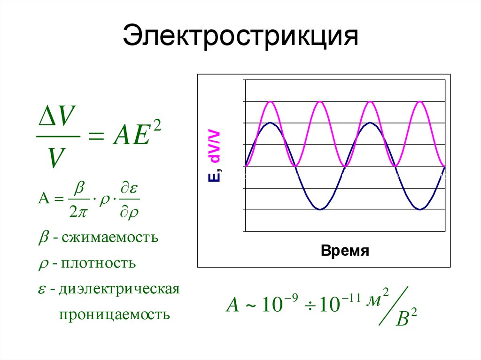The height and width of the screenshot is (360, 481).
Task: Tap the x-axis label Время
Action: [345, 251]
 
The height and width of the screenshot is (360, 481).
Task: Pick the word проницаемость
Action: [114, 314]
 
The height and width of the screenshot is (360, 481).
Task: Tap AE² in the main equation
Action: [136, 136]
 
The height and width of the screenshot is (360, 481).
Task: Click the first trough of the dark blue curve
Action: [320, 209]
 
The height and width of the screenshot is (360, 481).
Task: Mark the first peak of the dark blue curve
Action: [270, 123]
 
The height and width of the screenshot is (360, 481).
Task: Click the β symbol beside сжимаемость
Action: [42, 237]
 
